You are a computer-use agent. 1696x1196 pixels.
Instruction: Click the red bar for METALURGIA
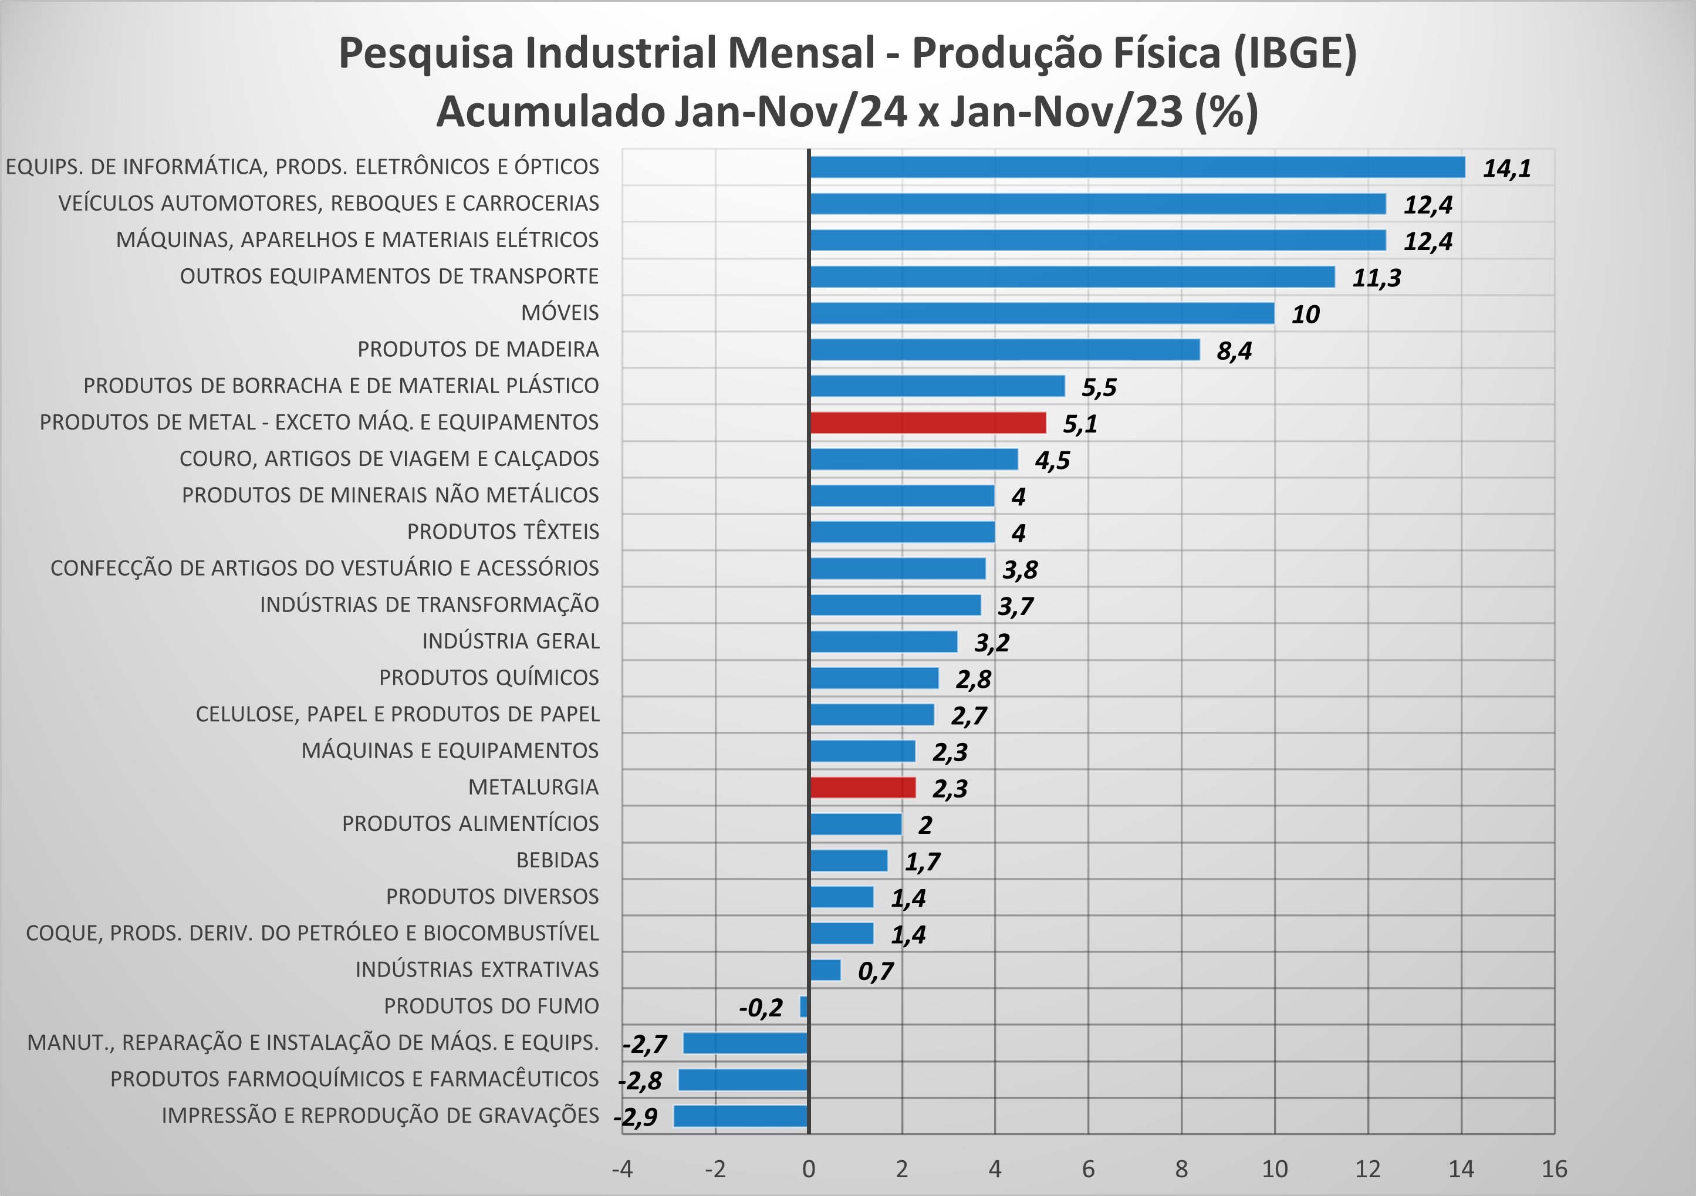862,788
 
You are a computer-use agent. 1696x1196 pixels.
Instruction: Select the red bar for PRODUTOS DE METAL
928,423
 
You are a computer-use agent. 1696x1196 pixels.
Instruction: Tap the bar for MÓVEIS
1042,313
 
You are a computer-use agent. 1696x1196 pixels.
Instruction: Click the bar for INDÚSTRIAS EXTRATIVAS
825,970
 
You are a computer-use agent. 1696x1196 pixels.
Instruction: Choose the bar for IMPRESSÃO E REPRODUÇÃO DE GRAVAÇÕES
741,1116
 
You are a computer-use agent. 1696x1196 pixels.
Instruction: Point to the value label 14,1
1507,168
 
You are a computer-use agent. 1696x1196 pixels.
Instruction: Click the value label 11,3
1376,278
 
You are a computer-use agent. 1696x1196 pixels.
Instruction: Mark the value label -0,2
761,1008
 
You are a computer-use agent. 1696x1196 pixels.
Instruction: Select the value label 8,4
1234,351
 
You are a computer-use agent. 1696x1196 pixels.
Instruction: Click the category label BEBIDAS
557,860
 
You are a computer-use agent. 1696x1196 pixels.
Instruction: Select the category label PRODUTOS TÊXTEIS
503,532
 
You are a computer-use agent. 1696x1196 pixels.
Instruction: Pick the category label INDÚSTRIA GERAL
511,641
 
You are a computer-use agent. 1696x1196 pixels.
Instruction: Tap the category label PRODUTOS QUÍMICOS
489,677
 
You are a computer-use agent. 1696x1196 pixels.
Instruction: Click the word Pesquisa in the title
426,53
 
